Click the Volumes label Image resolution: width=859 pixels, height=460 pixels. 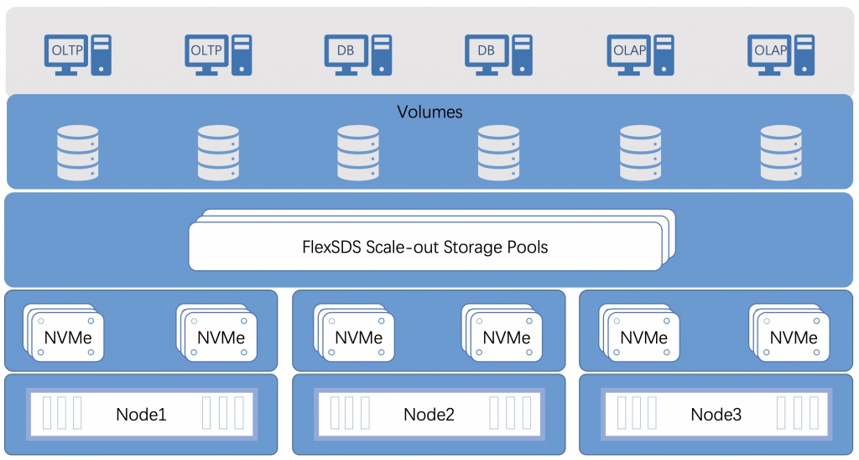(x=429, y=112)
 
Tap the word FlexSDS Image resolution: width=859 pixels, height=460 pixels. (x=331, y=247)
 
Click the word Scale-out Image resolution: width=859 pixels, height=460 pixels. (x=402, y=247)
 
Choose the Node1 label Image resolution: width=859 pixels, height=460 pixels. (x=141, y=414)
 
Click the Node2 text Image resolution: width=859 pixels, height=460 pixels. (x=429, y=414)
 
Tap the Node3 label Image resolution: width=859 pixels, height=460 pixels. (x=716, y=414)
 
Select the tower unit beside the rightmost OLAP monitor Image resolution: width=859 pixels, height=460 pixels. (x=804, y=55)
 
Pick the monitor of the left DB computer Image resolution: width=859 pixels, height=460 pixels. (x=346, y=51)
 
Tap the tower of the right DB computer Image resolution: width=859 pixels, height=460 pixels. (x=522, y=55)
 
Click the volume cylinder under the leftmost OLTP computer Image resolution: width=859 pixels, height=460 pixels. (x=78, y=153)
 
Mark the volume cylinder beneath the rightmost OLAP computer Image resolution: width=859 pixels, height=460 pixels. (x=781, y=153)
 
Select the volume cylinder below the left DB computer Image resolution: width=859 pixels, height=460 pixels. (x=358, y=153)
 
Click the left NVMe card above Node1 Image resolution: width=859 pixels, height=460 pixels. (x=64, y=332)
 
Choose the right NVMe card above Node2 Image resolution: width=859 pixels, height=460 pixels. (x=502, y=332)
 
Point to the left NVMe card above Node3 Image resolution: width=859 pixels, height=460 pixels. (x=639, y=332)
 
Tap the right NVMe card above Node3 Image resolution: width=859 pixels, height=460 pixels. (x=789, y=332)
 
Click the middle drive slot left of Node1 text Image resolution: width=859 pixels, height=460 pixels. (x=62, y=413)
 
